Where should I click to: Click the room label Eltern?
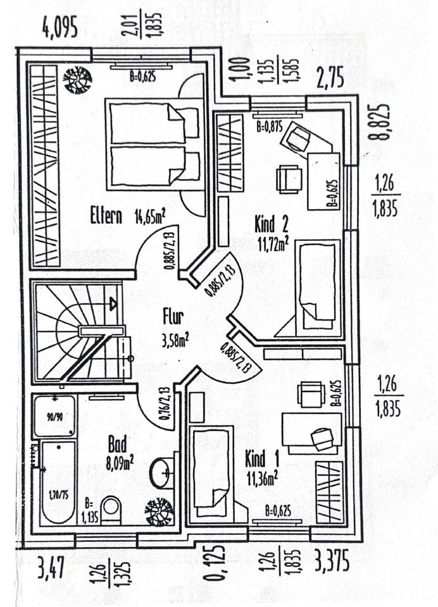pos(105,216)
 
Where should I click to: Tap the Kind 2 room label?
pos(272,223)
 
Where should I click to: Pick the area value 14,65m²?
pos(149,218)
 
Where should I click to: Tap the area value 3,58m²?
pos(175,342)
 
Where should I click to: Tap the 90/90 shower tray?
pos(54,416)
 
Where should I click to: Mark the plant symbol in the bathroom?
pos(158,511)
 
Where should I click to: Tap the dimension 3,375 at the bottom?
pos(332,561)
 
